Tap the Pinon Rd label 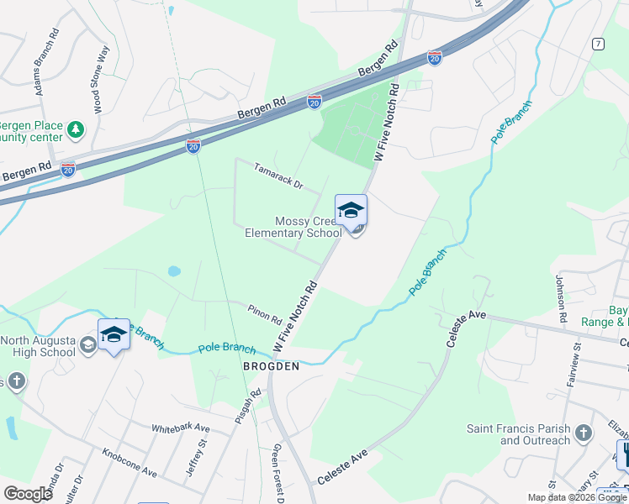264,314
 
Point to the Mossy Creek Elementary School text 293,227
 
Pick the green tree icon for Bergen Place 77,130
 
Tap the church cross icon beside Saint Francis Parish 583,434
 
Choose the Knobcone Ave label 129,465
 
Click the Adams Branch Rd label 45,64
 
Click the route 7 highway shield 597,43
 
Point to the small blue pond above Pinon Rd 174,271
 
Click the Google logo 29,494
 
